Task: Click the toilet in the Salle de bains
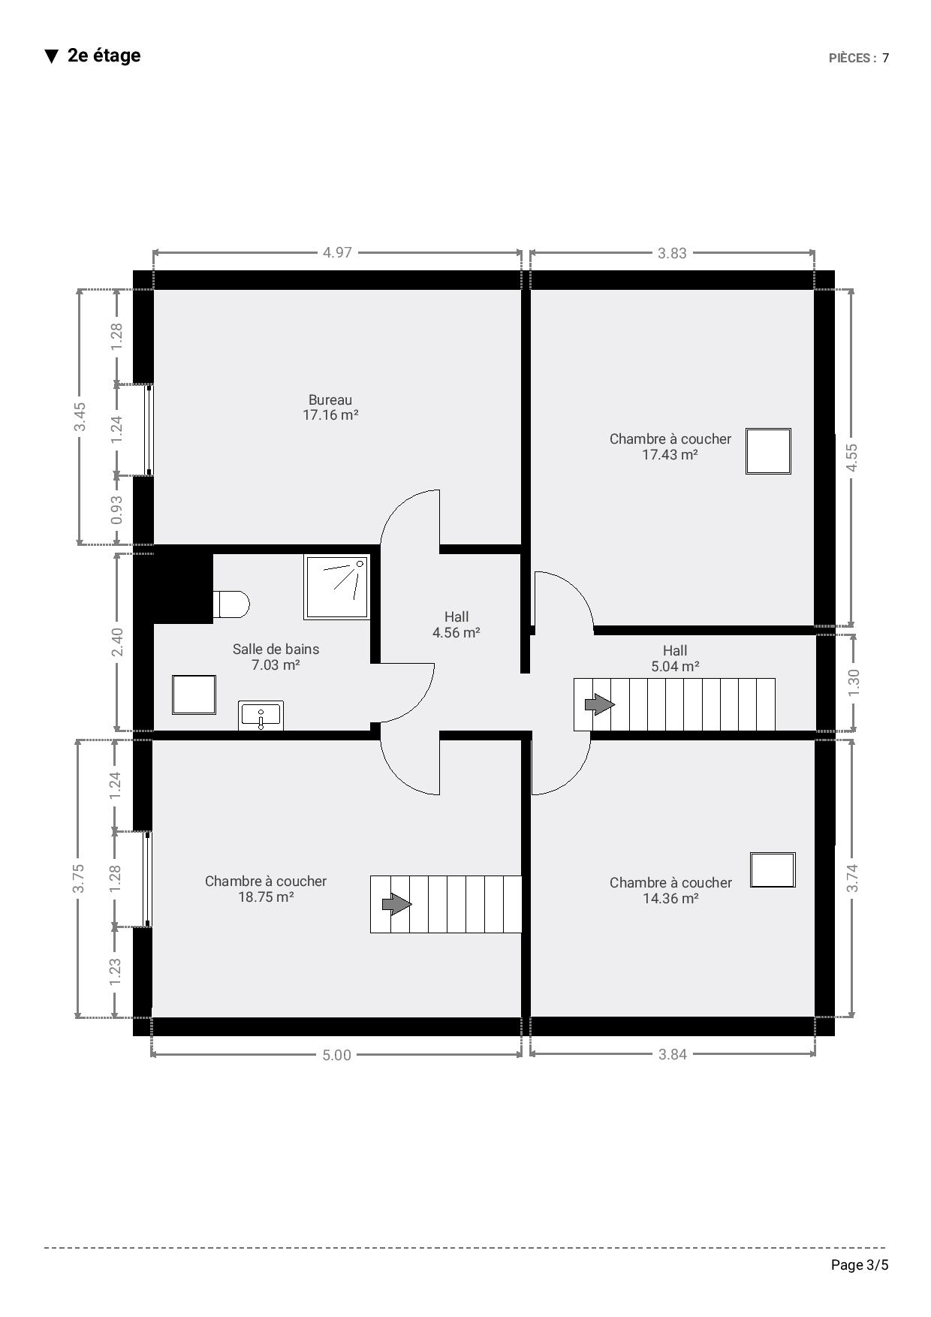tap(231, 604)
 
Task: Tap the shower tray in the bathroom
tap(337, 587)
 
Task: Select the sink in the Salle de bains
tap(261, 716)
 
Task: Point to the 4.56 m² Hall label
tap(456, 625)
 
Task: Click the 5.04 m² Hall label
tap(675, 658)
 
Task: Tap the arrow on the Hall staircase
tap(600, 704)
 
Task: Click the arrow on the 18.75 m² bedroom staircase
tap(397, 903)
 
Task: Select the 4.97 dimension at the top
tap(337, 253)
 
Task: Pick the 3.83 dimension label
tap(672, 253)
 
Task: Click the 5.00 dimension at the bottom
tap(336, 1055)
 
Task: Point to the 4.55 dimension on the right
tap(851, 458)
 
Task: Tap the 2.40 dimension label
tap(117, 642)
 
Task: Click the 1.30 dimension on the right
tap(854, 683)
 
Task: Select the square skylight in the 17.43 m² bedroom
tap(768, 451)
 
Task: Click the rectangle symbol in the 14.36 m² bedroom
tap(773, 870)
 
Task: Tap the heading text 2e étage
tap(104, 56)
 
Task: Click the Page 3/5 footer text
tap(860, 1265)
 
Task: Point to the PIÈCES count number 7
tap(886, 58)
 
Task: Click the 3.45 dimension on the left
tap(80, 417)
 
